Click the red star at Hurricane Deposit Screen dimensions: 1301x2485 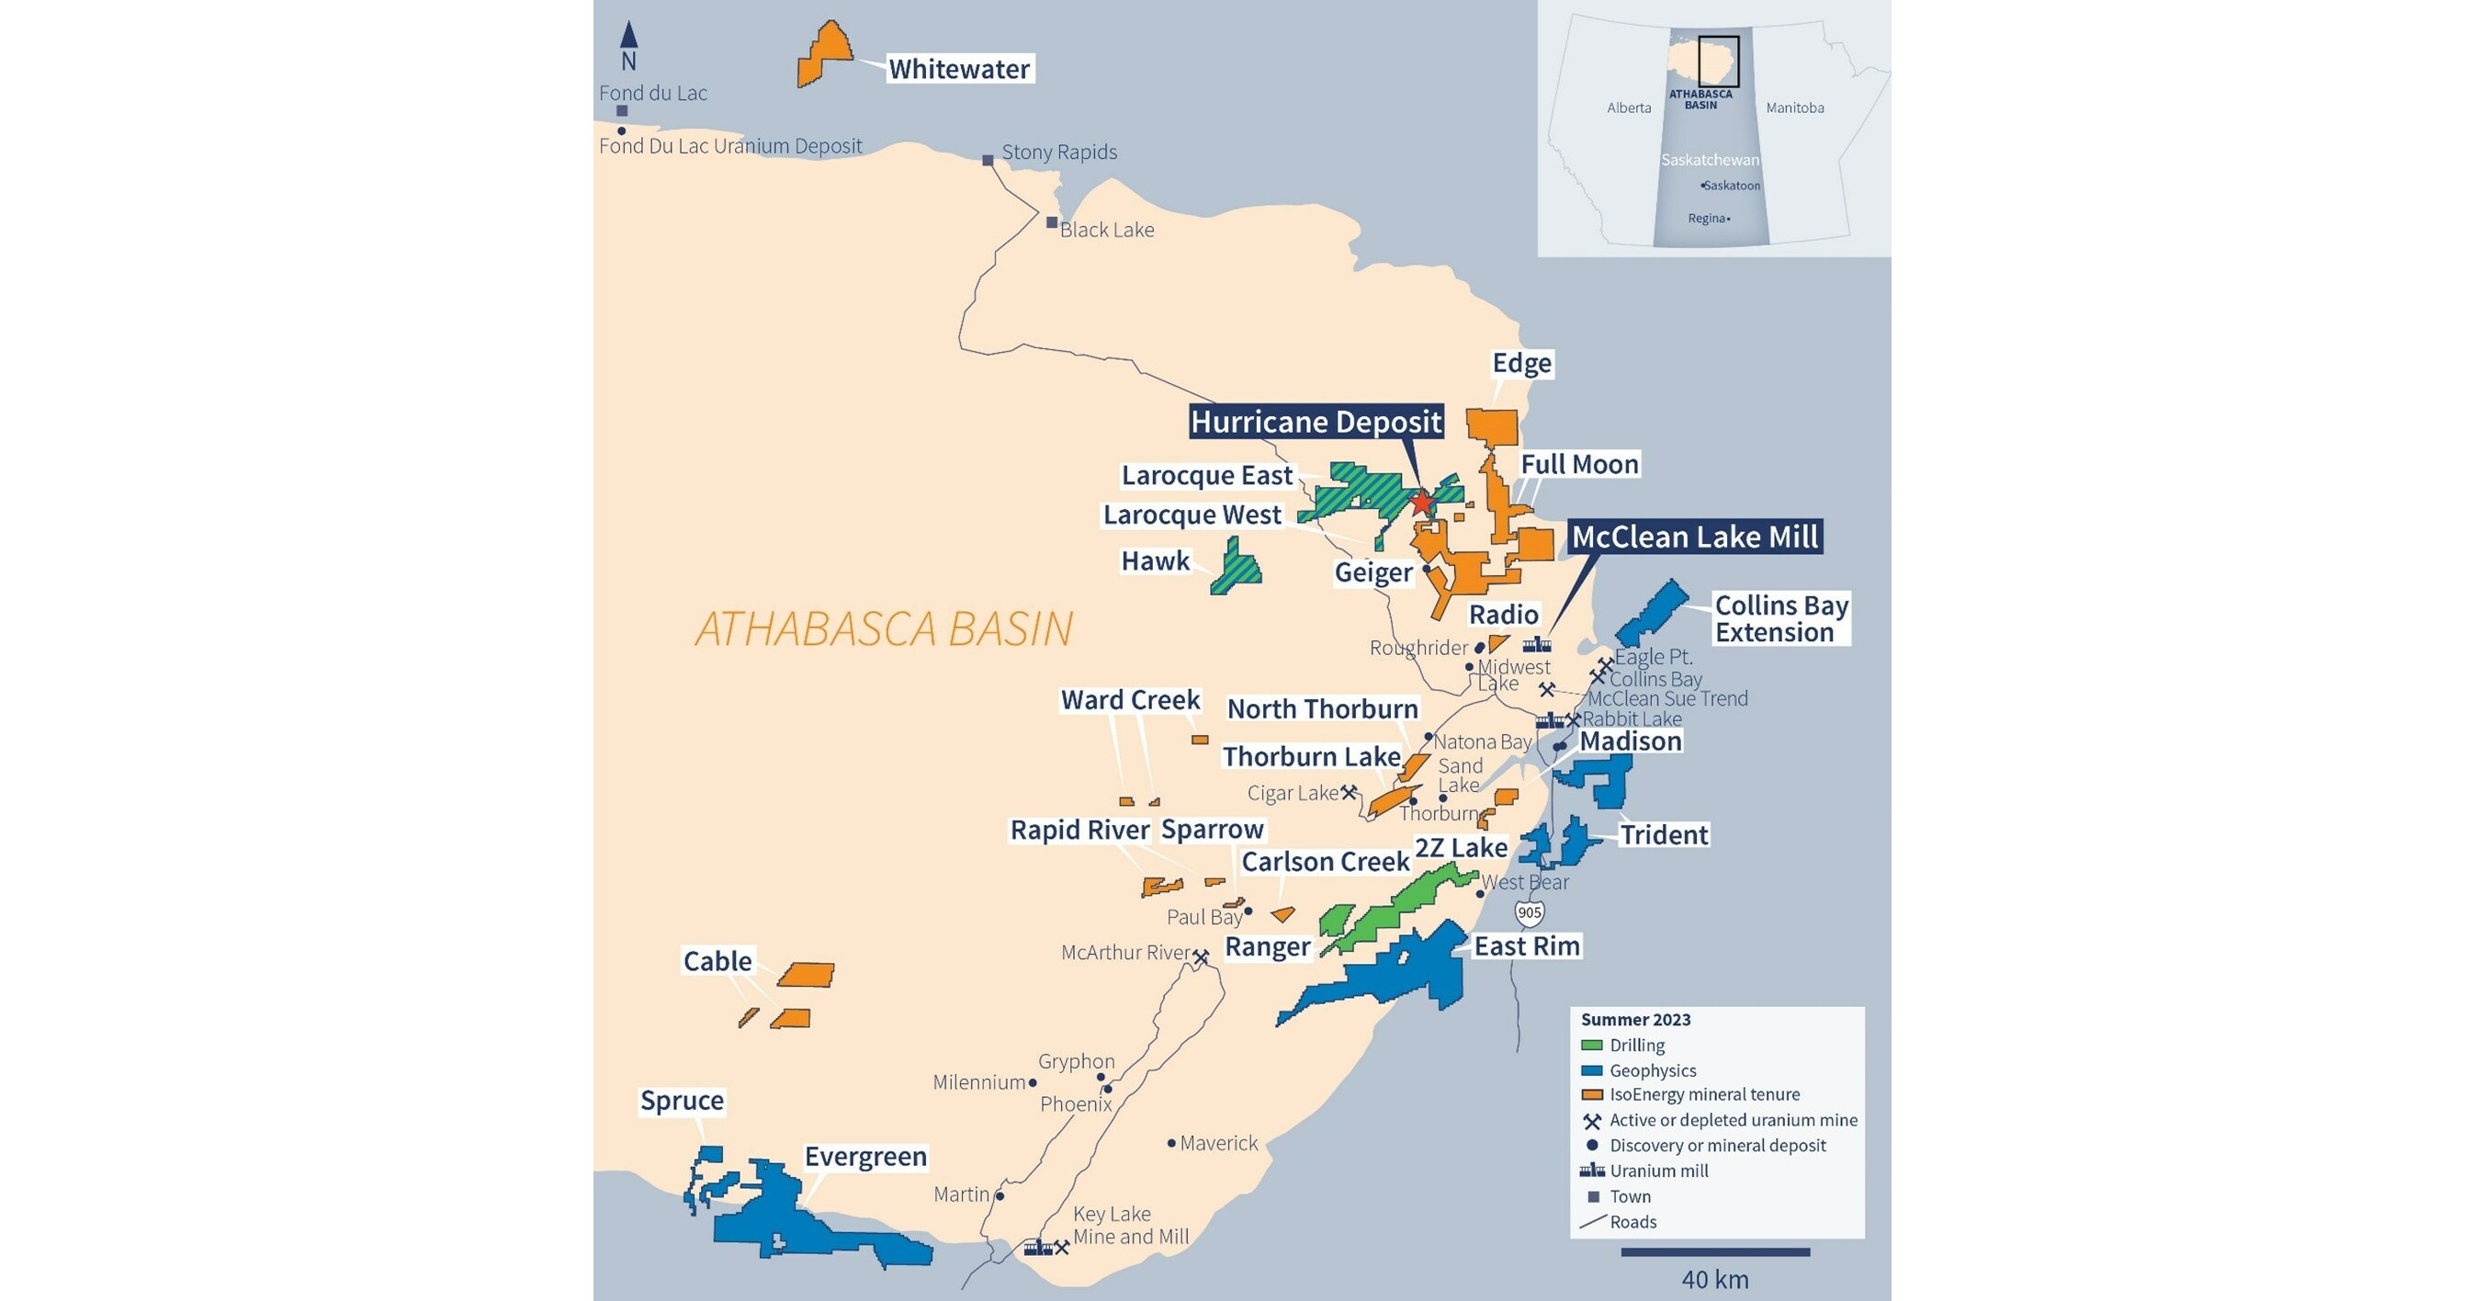tap(1422, 502)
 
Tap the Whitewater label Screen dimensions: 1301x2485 tap(959, 70)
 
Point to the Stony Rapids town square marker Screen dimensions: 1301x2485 tap(988, 160)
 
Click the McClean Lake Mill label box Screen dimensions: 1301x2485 tap(1694, 537)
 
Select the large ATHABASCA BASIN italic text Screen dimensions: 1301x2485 tap(884, 629)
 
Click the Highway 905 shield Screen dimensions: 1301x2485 tap(1529, 912)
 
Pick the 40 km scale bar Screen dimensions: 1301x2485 tap(1715, 1251)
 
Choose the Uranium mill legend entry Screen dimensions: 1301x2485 tap(1644, 1171)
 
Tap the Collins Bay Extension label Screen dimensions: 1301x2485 tap(1779, 618)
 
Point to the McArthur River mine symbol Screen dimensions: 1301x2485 tap(1201, 957)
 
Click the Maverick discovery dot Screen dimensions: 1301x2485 tap(1171, 1143)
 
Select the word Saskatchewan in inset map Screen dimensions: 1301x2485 tap(1710, 160)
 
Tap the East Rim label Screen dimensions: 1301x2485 tap(1526, 945)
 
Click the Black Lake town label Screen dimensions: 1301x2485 tap(1106, 230)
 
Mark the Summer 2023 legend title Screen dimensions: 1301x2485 tap(1635, 1019)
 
